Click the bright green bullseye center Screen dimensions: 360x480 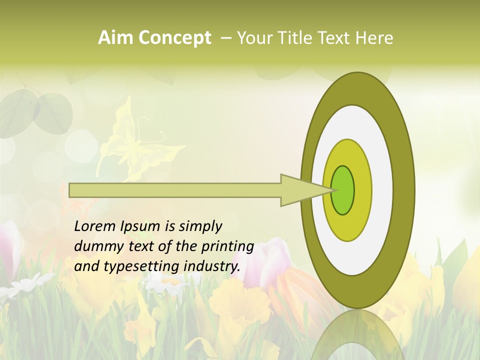coord(343,190)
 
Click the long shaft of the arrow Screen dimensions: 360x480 coord(175,190)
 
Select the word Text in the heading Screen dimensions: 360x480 coord(334,38)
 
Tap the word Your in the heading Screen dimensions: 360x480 coord(253,38)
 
